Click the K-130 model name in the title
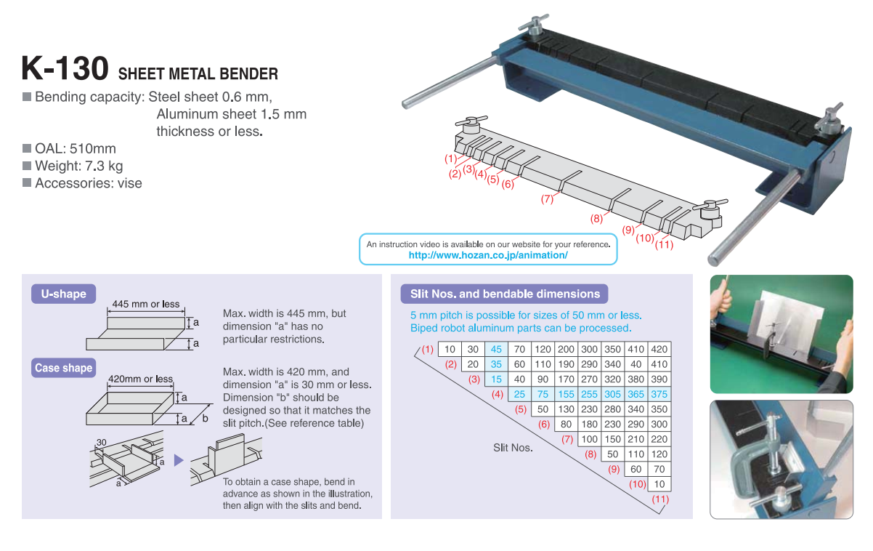click(x=65, y=69)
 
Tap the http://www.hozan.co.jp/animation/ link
click(x=488, y=255)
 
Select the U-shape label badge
click(x=63, y=294)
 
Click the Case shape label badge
click(x=63, y=368)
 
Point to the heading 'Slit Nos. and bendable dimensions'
click(x=505, y=294)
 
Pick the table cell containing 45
click(x=497, y=349)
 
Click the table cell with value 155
click(x=566, y=394)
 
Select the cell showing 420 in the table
click(x=659, y=349)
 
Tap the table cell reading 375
click(x=659, y=394)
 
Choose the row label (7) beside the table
click(x=567, y=439)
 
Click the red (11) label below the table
click(x=660, y=499)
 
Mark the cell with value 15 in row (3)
click(x=497, y=379)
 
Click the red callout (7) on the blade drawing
click(x=547, y=198)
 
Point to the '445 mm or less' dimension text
click(x=145, y=304)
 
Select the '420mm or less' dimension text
click(x=140, y=379)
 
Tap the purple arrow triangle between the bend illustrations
click(x=179, y=460)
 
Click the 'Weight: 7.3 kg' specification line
click(x=78, y=166)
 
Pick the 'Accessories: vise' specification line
click(x=88, y=183)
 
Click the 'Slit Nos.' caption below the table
click(x=513, y=448)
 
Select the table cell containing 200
click(x=566, y=349)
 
